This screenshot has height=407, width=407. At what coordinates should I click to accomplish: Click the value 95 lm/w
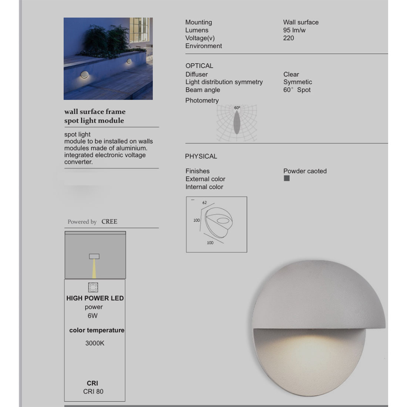tap(294, 30)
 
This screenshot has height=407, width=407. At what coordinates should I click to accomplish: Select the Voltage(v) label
tap(200, 38)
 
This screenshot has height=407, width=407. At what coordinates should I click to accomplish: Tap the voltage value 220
tap(289, 38)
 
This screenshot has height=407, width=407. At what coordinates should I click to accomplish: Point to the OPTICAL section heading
tap(199, 66)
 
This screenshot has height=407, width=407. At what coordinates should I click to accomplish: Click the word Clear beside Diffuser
tap(291, 74)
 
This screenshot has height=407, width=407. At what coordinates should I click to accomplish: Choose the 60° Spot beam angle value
tap(297, 90)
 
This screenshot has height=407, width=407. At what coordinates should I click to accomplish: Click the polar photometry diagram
tap(237, 123)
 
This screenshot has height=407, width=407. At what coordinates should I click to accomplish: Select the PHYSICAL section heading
tap(201, 157)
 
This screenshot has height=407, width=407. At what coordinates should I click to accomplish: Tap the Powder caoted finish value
tap(305, 171)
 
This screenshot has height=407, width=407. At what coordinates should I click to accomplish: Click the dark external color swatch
tap(287, 178)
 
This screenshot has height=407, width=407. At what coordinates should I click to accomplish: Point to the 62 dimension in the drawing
tap(205, 203)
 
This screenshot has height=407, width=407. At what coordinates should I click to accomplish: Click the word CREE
tap(109, 222)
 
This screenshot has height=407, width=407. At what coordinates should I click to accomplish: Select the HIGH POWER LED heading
tap(95, 298)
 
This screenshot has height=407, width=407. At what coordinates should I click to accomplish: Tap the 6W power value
tap(92, 316)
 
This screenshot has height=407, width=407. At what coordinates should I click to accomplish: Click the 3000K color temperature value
tap(95, 343)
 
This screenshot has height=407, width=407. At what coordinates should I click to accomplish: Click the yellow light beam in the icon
tap(94, 269)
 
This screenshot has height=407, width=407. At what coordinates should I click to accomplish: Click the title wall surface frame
tap(95, 112)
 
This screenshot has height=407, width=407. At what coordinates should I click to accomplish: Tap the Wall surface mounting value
tap(301, 23)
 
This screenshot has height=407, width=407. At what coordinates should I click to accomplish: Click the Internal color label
tap(204, 187)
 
